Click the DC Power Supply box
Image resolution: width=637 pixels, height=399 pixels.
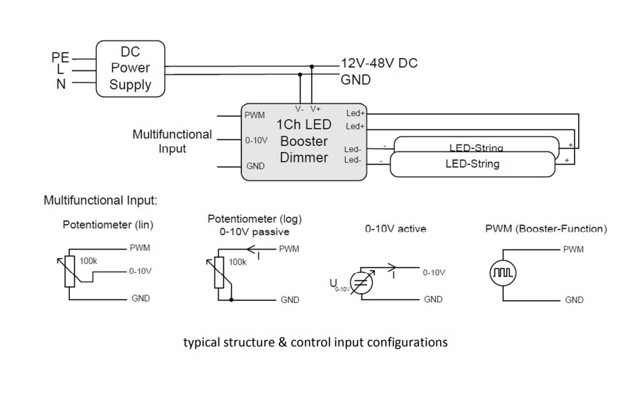130,68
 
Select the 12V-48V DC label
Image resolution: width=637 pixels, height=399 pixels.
379,64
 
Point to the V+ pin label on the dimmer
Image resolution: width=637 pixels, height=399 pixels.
315,109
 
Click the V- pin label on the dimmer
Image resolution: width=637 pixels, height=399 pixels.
299,109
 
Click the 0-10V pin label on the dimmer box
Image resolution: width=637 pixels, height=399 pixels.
257,140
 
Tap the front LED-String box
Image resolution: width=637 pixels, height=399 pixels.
472,165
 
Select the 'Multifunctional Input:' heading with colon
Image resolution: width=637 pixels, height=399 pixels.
100,201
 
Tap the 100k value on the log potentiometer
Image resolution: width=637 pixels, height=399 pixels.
237,262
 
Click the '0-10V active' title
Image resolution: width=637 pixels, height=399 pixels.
396,229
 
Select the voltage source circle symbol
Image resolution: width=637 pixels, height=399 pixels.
362,283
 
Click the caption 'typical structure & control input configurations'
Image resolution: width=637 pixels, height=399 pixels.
315,342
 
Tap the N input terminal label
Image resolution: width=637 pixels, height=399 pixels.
62,84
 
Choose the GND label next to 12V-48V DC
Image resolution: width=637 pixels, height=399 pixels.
356,80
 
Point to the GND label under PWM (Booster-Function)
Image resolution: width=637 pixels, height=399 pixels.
574,299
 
